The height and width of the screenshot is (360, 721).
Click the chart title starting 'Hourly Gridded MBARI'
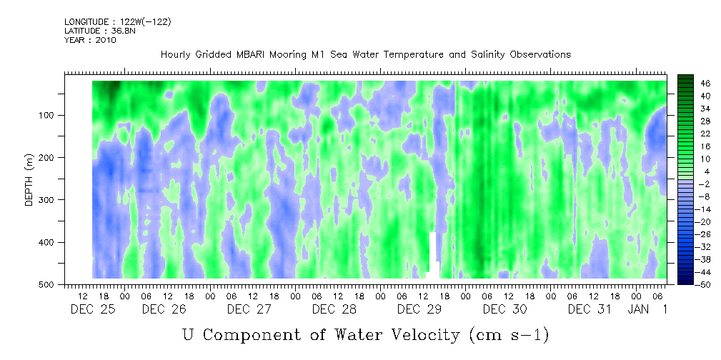tap(365, 54)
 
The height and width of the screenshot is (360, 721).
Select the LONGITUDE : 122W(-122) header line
tap(117, 22)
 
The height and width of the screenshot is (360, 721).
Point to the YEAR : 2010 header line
tap(90, 40)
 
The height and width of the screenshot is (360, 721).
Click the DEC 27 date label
tap(249, 309)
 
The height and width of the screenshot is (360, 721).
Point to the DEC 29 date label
tap(419, 309)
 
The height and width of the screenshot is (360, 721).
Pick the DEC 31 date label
tap(590, 309)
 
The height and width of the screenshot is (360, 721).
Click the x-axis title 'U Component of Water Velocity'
tap(365, 335)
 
